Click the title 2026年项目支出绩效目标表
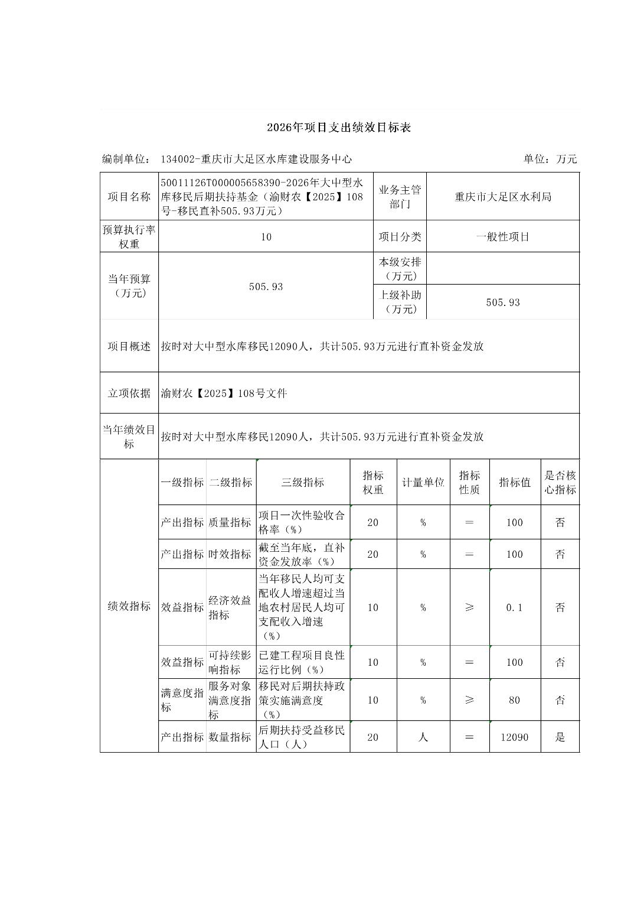[338, 128]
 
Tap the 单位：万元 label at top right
[550, 159]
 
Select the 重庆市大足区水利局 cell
[502, 197]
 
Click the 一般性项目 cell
[502, 237]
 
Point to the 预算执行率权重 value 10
[266, 237]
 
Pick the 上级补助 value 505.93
[502, 302]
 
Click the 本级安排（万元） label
[400, 269]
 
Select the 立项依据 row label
[129, 393]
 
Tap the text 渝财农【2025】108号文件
[224, 393]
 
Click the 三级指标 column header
[303, 483]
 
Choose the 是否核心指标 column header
[560, 483]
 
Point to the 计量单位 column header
[423, 483]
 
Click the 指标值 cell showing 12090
[514, 737]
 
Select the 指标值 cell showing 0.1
[514, 607]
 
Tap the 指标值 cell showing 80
[514, 700]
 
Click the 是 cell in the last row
[560, 737]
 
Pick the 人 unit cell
[423, 737]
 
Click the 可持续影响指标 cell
[230, 662]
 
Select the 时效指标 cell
[230, 554]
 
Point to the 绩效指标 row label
[129, 606]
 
